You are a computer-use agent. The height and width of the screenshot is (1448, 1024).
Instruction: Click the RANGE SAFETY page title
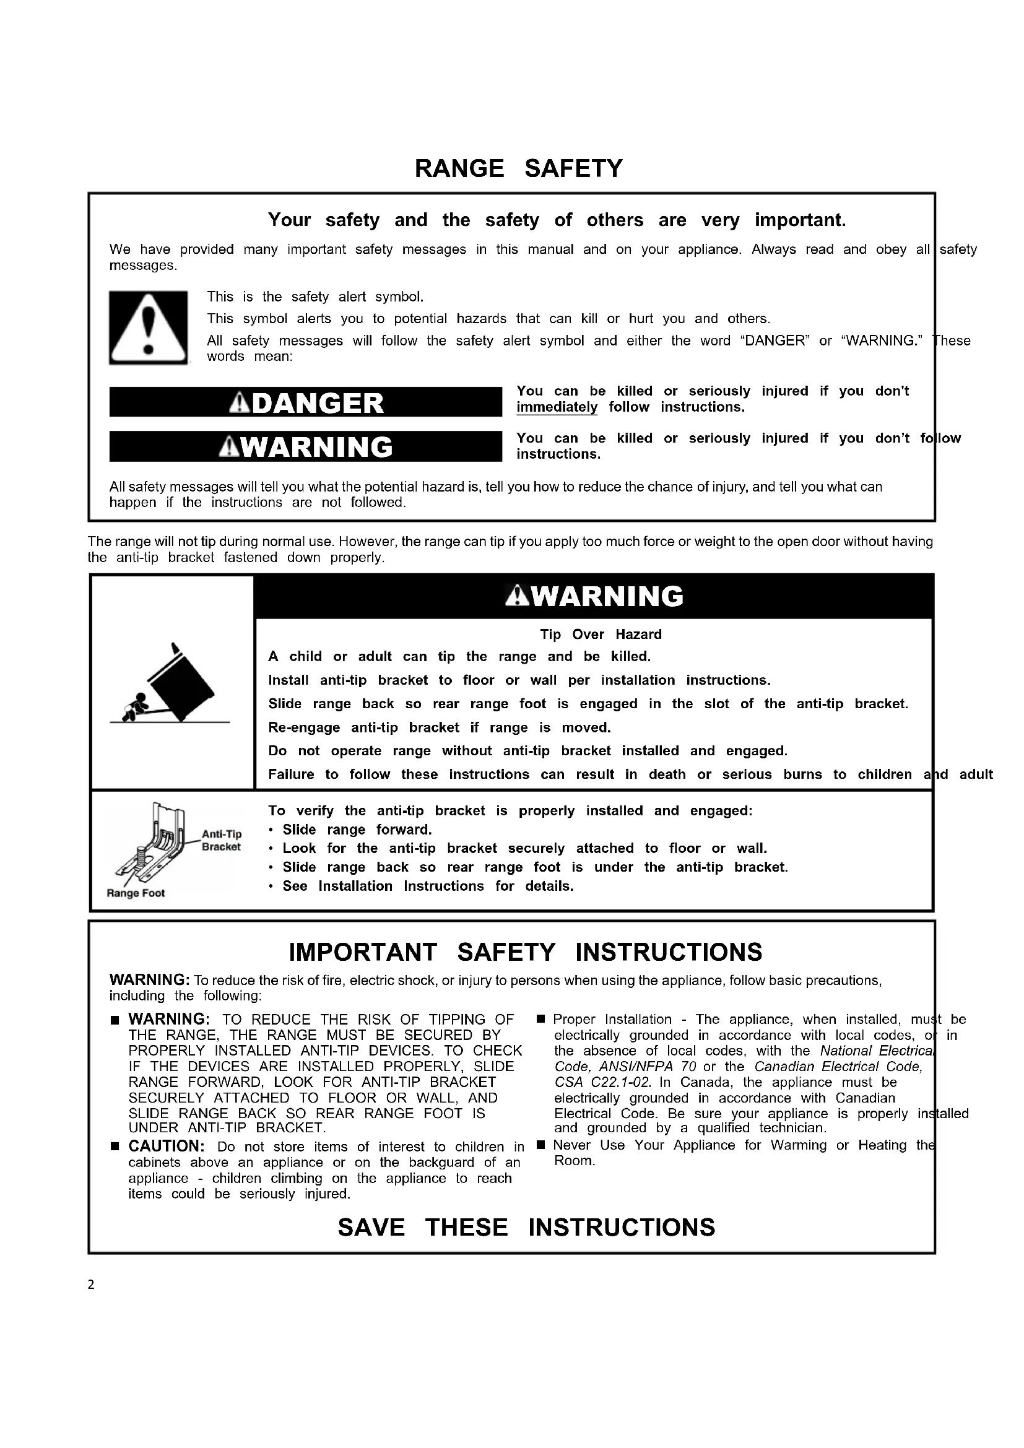pos(518,168)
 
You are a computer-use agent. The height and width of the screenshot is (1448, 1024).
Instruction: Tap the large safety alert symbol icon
pos(148,327)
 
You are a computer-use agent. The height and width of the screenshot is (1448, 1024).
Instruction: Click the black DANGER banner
pos(306,402)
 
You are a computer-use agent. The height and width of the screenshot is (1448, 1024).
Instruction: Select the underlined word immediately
pos(557,407)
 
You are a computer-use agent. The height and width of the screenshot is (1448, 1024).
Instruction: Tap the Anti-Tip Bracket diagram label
pos(221,841)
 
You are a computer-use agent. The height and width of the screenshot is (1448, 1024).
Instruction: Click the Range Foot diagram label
pos(136,893)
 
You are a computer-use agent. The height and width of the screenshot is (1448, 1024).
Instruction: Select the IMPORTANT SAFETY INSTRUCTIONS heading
pos(525,952)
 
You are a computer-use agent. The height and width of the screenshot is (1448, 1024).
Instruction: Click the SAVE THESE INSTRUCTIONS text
pos(526,1226)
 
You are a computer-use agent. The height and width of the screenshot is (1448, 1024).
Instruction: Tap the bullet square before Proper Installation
pos(540,1020)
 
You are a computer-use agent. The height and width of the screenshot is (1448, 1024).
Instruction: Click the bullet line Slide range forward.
pos(357,830)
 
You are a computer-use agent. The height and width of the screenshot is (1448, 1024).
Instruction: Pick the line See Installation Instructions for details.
pos(428,886)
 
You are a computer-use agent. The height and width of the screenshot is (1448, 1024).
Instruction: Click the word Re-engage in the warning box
pos(304,727)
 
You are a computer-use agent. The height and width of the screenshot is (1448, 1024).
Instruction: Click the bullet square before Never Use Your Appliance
pos(540,1145)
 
